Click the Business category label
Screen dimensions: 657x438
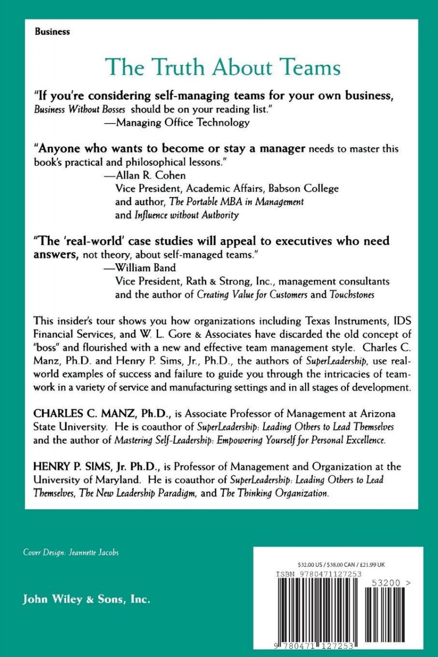(52, 31)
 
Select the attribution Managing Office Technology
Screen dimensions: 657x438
(183, 122)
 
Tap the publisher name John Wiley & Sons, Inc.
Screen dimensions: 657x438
(86, 600)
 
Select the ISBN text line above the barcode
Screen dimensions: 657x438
(311, 573)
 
